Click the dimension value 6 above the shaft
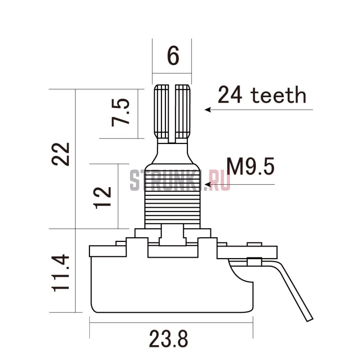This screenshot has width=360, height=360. pos(173,56)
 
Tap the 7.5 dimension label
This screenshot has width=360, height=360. pos(120,112)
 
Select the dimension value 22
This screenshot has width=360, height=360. pos(60,154)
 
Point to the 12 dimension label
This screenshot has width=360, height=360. pos(103,198)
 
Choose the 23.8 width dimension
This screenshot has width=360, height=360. pos(168,339)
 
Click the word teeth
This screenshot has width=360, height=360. pos(279,95)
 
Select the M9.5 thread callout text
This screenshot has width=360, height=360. pos(250,166)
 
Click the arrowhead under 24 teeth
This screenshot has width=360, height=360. pos(208,110)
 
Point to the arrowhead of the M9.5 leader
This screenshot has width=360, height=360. pos(208,184)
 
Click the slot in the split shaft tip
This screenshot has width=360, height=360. pos(172,114)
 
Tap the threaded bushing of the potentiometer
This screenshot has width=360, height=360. pos(172,196)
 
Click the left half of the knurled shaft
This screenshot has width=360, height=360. pos(162,112)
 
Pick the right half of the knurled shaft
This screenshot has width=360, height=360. pos(183,112)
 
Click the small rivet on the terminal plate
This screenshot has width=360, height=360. pos(254,261)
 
